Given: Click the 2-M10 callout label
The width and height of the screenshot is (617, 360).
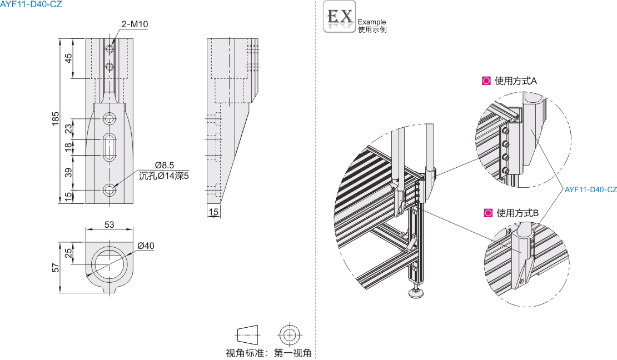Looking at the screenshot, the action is (135, 24).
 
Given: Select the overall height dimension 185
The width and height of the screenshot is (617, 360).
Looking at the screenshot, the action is (56, 119).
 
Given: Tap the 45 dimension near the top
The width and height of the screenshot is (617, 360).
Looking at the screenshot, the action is (68, 58).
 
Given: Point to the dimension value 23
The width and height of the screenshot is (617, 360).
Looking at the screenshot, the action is (68, 129).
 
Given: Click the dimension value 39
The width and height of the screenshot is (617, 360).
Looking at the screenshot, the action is (68, 172).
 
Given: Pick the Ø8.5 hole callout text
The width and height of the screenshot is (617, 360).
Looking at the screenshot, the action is (164, 165).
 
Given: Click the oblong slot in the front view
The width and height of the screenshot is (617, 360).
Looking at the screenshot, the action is (110, 147).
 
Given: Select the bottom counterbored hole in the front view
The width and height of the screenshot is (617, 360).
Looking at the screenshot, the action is (110, 190).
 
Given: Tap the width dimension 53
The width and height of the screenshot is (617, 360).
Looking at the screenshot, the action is (109, 224).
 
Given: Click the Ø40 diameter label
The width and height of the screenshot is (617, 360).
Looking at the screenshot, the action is (146, 246).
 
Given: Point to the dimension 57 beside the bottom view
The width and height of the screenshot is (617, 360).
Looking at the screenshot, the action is (56, 268).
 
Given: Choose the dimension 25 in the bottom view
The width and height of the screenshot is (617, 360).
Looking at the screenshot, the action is (68, 253).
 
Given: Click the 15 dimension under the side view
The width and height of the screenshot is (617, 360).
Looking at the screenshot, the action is (213, 212).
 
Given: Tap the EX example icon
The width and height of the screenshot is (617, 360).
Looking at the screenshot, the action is (340, 17).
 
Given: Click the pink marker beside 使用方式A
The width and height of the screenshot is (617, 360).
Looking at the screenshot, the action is (486, 81).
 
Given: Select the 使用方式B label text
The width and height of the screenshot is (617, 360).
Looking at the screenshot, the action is (518, 213).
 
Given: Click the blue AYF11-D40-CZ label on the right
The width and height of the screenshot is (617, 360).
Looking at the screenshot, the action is (591, 189).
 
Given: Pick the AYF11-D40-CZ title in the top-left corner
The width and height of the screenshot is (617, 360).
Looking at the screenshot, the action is (31, 4).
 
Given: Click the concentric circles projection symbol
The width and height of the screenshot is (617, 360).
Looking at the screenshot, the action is (290, 335).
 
